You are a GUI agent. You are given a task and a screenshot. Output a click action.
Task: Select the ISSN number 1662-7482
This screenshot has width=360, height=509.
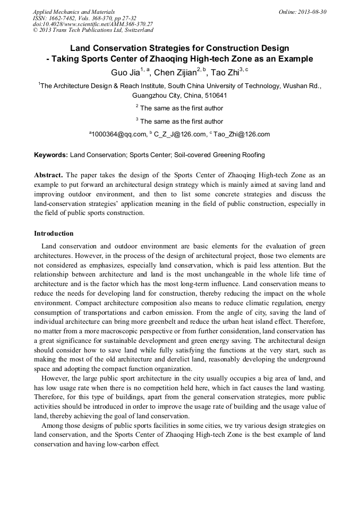(x=65, y=18)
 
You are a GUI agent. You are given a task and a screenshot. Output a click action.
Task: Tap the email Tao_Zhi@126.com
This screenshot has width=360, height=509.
(x=242, y=135)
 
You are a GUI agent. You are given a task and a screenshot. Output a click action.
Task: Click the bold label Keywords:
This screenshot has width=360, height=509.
(x=51, y=155)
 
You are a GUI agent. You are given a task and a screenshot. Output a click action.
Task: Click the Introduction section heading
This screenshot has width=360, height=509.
(x=54, y=234)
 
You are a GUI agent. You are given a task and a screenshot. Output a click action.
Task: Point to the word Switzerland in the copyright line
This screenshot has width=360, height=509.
(x=138, y=30)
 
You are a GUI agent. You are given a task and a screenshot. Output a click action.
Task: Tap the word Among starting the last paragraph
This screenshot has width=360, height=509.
(x=53, y=426)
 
